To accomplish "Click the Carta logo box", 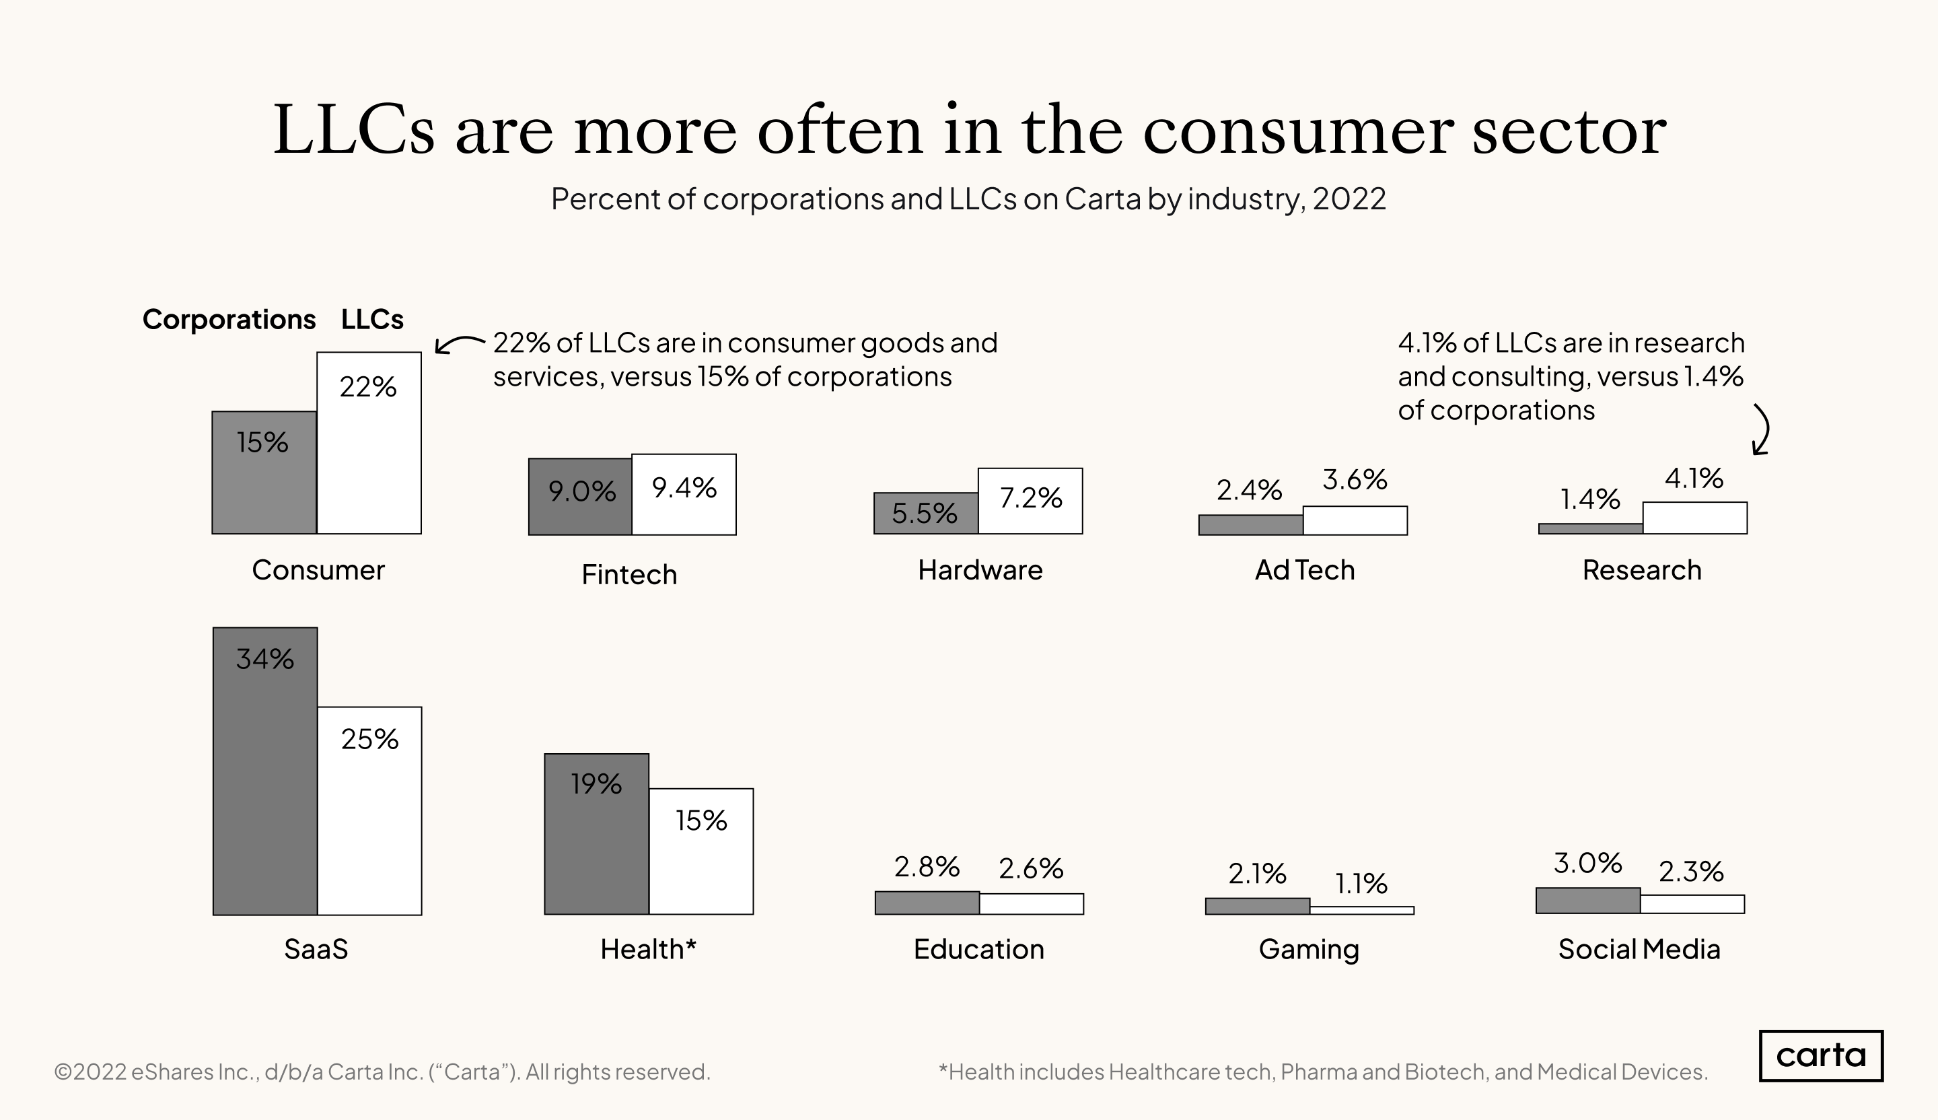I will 1820,1055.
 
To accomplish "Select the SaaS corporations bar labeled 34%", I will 264,771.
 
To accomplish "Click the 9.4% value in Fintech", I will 684,488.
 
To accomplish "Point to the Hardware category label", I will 980,570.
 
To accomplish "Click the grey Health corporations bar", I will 596,834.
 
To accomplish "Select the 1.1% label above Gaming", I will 1361,884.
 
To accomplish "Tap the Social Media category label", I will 1639,949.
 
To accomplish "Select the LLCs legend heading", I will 372,319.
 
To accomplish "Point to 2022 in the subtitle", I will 1349,199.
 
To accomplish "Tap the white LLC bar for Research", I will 1694,518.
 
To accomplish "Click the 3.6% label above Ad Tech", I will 1355,480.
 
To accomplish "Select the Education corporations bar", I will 927,903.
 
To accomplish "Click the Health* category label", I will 648,949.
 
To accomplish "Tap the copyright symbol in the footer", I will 63,1072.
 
